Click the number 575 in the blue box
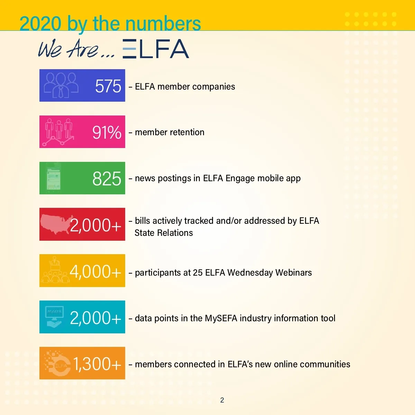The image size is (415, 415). click(x=108, y=86)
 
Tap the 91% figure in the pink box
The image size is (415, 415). click(x=107, y=132)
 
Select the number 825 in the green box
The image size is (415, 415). click(x=107, y=178)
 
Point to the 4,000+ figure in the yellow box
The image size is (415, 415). click(x=95, y=271)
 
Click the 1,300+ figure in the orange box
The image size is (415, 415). click(x=97, y=364)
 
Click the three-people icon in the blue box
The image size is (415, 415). click(x=61, y=85)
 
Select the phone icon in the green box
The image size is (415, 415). click(x=54, y=178)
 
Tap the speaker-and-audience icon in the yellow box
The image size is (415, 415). click(x=55, y=270)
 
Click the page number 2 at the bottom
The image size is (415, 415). click(x=222, y=400)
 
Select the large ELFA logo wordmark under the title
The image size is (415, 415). click(x=156, y=49)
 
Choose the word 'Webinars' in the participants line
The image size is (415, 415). click(x=294, y=273)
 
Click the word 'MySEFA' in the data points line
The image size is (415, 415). click(x=221, y=318)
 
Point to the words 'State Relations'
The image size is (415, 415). click(x=164, y=233)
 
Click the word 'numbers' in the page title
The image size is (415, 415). click(x=163, y=24)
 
